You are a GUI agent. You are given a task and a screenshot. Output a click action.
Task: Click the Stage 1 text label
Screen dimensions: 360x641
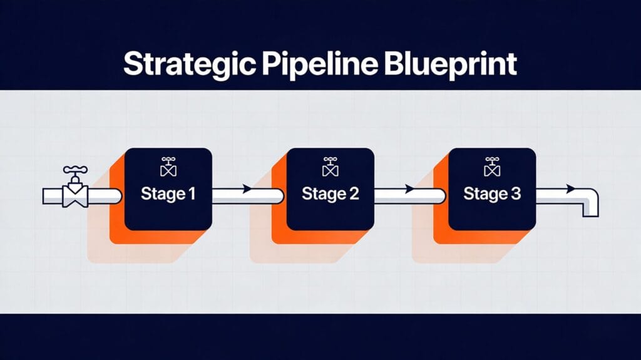168,194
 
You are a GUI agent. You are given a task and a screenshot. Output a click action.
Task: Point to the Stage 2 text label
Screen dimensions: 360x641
330,194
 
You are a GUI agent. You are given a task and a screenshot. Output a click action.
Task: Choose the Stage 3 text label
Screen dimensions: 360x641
491,194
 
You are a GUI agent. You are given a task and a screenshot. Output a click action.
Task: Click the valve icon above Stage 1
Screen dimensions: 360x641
168,167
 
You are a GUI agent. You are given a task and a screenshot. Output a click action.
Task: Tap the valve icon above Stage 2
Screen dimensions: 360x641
330,167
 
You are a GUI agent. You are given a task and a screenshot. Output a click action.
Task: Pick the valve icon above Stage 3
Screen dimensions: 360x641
491,167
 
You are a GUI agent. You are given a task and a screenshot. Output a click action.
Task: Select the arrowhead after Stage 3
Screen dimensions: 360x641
570,188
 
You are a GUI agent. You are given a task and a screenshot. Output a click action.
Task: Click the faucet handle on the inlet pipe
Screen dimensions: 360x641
76,170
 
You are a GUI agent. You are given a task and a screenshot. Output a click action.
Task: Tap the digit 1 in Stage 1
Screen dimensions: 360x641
191,194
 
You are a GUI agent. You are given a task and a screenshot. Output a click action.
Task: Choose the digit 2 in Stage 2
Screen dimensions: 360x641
354,194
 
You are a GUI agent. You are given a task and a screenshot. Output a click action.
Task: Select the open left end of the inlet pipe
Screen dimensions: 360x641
45,197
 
